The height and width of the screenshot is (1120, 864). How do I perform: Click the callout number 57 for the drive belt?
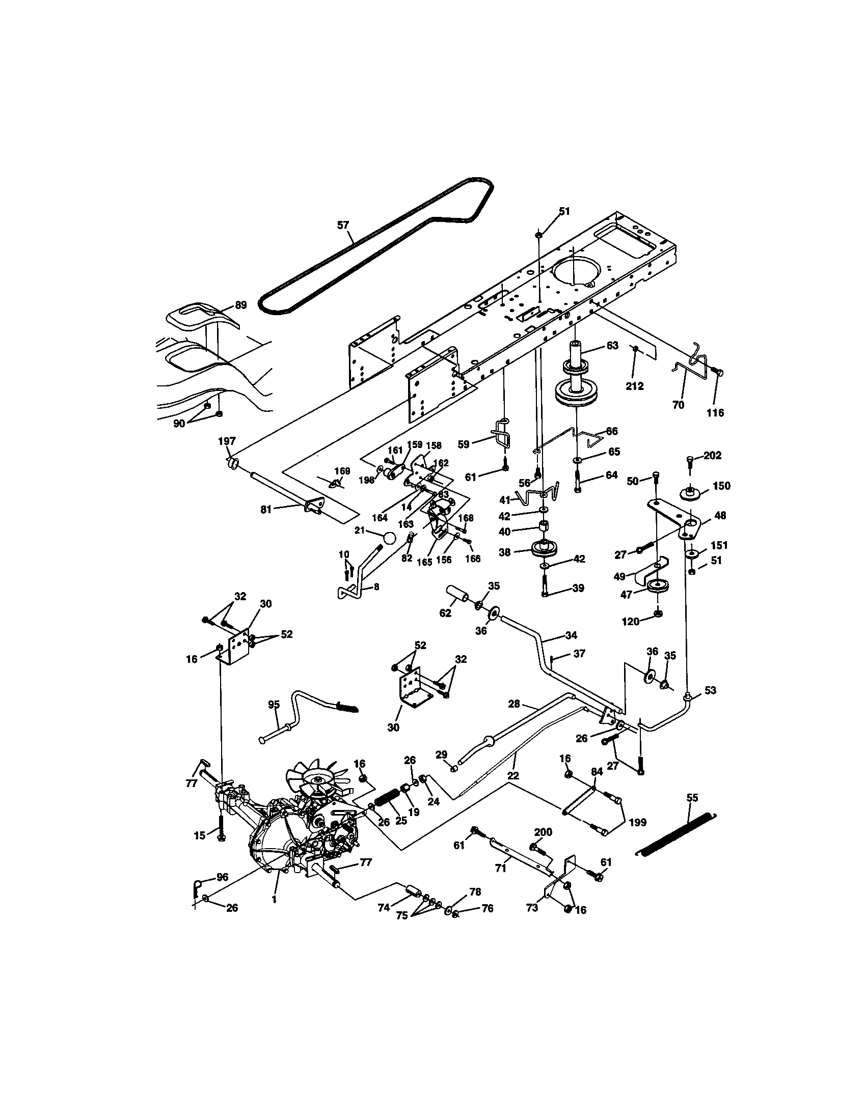(x=343, y=225)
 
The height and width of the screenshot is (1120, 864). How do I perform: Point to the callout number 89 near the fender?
(x=240, y=304)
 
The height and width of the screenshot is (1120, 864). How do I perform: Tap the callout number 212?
(x=634, y=386)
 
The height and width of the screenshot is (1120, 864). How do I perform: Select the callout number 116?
(x=715, y=413)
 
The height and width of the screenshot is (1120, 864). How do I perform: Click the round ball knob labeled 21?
(x=390, y=539)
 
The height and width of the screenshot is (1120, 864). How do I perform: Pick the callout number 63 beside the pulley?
(x=612, y=345)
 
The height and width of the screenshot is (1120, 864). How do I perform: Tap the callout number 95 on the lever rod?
(x=274, y=704)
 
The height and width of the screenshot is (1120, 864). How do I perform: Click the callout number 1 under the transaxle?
(x=274, y=900)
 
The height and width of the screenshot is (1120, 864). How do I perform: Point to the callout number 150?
(x=721, y=486)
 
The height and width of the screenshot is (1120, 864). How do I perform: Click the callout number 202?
(x=712, y=455)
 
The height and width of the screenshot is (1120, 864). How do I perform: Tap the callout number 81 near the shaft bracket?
(x=266, y=509)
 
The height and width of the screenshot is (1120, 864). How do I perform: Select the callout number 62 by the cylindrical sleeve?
(x=445, y=612)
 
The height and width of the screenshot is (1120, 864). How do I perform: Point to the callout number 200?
(x=543, y=832)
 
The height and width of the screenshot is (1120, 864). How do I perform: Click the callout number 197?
(x=227, y=441)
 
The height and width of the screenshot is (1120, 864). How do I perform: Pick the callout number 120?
(x=631, y=622)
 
